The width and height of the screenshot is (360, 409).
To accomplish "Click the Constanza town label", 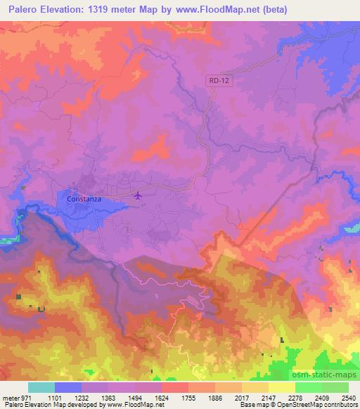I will tap(84, 199).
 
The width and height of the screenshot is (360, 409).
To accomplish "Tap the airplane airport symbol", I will tap(138, 195).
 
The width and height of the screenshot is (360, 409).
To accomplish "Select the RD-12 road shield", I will tap(218, 81).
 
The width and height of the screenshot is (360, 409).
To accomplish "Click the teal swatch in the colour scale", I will tap(41, 387).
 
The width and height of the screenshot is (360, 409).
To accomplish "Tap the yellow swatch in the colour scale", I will tap(281, 387).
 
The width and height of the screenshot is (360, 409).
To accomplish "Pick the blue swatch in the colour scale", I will tap(68, 387).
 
